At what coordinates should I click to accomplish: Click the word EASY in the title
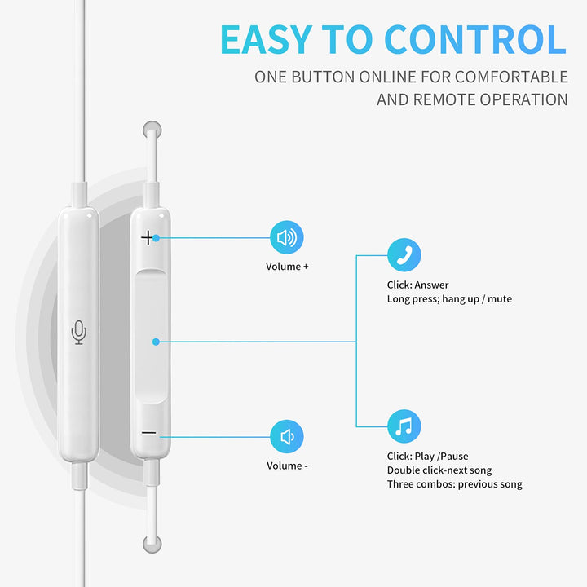(266, 39)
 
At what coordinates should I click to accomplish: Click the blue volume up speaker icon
(287, 238)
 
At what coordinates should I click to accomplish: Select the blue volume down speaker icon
(287, 437)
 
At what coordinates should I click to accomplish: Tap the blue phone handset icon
(404, 255)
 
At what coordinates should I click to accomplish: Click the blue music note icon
(404, 426)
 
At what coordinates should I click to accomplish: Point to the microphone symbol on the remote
(78, 332)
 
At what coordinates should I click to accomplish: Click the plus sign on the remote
(148, 238)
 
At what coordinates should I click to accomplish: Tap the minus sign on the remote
(148, 433)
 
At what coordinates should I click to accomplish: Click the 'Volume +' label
(287, 267)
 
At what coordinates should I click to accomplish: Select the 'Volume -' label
(287, 466)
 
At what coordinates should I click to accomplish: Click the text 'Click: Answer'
(417, 285)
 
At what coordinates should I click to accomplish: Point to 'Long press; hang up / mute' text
(449, 299)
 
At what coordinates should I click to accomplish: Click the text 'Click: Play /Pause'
(427, 457)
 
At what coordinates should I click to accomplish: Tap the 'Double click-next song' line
(439, 470)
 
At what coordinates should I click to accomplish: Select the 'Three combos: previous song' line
(454, 484)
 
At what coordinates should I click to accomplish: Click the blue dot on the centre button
(156, 342)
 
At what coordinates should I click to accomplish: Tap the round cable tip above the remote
(151, 129)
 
